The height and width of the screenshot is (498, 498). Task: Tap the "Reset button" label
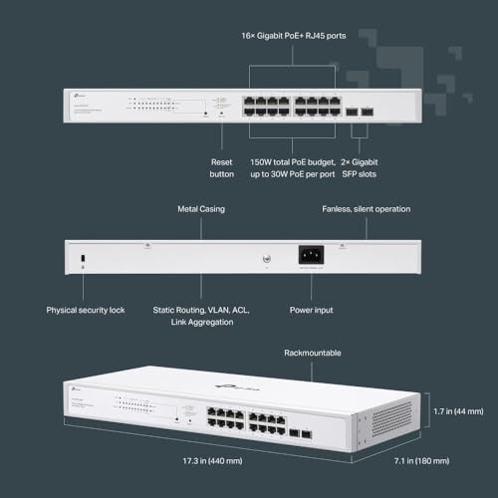click(222, 166)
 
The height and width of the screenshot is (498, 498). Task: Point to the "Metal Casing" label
click(199, 209)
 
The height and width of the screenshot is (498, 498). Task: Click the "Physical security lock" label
click(93, 310)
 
